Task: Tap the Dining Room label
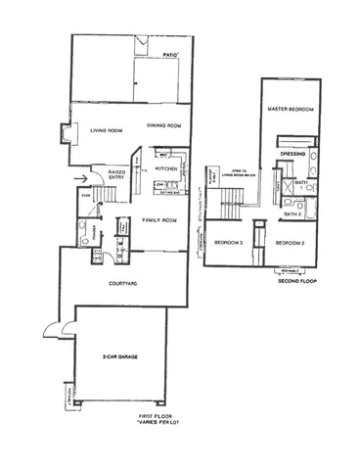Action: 164,125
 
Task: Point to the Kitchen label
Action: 165,168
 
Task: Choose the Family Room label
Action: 153,221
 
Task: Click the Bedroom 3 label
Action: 229,241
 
